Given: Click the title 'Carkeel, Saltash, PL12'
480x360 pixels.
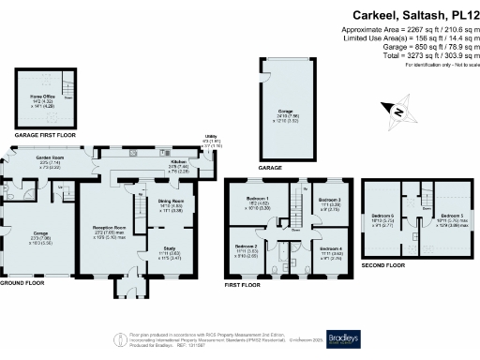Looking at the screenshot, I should click(x=412, y=15).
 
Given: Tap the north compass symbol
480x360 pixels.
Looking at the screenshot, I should click(x=398, y=113).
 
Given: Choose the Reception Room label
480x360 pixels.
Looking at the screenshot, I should click(x=109, y=230).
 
